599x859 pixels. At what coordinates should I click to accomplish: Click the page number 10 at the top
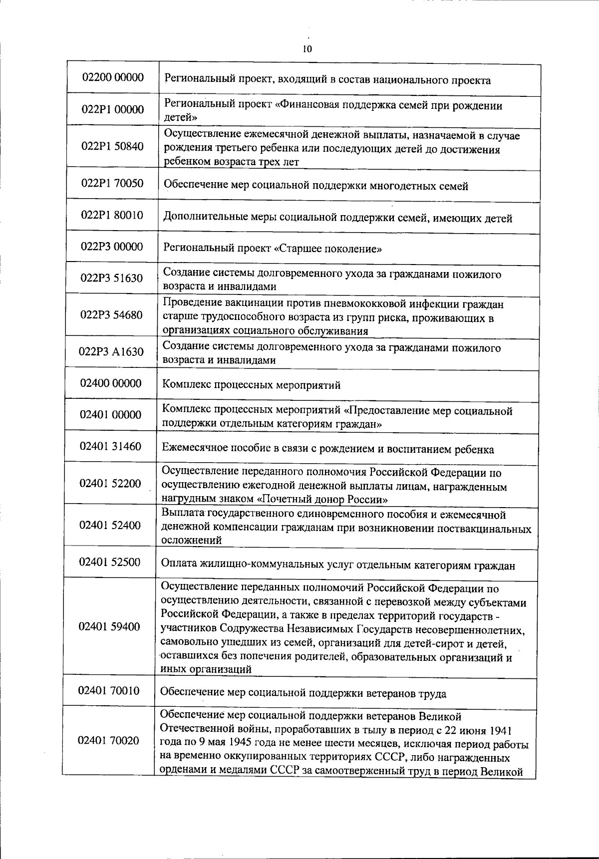point(306,49)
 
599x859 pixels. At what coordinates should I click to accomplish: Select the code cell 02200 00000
point(113,77)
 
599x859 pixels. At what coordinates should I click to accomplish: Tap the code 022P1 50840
point(112,146)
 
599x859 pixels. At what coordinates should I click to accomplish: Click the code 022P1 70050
point(112,183)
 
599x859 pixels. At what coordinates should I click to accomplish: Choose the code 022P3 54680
point(111,315)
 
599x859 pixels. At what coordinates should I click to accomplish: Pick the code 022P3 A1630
point(111,352)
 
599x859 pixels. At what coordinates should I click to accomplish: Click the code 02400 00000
point(111,383)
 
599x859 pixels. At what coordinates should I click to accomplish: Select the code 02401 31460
point(110,446)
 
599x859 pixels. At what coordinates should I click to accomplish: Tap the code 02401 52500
point(110,562)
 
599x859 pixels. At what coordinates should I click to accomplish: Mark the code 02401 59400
point(109,626)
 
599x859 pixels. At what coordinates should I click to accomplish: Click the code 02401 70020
point(109,741)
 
